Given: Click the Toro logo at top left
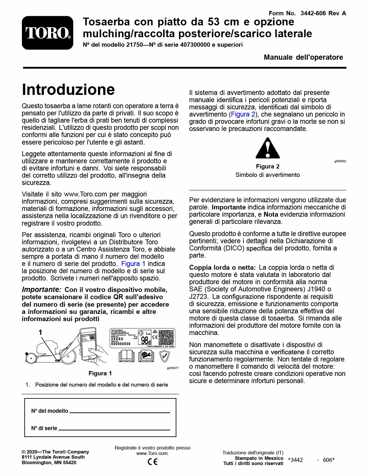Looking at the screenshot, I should pos(48,33).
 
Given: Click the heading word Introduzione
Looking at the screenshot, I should pos(68,89).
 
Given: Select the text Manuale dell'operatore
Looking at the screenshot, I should pos(303,57).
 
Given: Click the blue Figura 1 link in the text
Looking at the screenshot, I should pos(133,264).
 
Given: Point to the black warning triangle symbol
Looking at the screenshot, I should pos(268,149).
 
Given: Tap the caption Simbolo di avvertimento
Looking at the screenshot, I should pos(267,175).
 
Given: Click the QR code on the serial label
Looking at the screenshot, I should pos(166,338).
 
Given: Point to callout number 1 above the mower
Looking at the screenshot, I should pos(41,333).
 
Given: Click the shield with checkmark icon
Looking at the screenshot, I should pos(164,356).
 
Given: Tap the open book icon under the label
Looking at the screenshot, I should pos(127,356).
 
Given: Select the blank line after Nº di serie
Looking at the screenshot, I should pos(114,430).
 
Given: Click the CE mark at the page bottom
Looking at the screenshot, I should pos(152,462).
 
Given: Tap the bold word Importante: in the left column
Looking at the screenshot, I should pos(42,290).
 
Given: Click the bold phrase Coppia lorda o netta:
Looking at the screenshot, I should pos(222,267).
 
